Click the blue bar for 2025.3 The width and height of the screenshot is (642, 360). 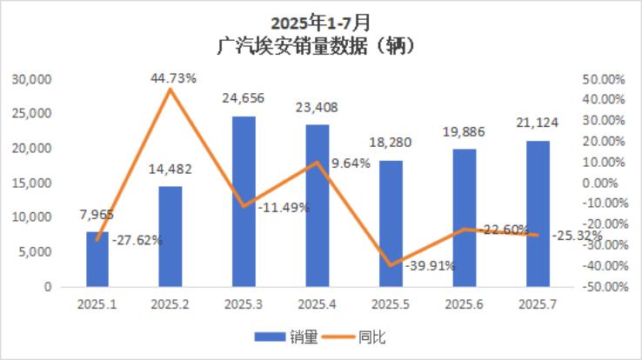click(x=244, y=202)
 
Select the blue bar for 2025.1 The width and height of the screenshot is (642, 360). click(x=97, y=259)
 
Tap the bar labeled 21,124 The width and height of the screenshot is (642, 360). click(x=538, y=214)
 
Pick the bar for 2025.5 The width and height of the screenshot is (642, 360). click(x=391, y=223)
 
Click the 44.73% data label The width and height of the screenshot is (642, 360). click(x=173, y=78)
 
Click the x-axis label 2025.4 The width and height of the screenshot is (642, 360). click(x=318, y=304)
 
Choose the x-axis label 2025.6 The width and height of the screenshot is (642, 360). click(x=465, y=304)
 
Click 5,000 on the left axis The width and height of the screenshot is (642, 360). click(x=37, y=252)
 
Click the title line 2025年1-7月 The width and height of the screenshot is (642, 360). click(x=321, y=22)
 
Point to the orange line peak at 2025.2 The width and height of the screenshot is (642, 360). click(x=171, y=90)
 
